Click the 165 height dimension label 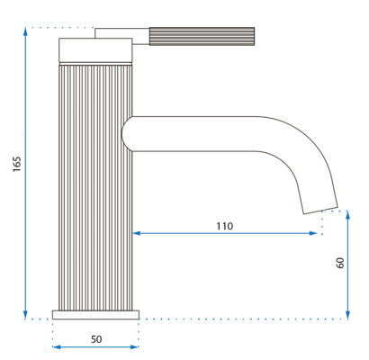(17, 164)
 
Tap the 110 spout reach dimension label (225, 226)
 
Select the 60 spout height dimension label (340, 263)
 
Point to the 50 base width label (96, 339)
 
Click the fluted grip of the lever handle (202, 37)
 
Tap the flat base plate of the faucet (95, 315)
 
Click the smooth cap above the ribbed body (95, 50)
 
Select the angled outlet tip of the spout (320, 211)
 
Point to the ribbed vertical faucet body (95, 187)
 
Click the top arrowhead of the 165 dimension (25, 31)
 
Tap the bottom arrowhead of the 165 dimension (25, 315)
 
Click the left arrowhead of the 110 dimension (137, 233)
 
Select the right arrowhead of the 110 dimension (313, 233)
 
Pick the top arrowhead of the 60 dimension (347, 215)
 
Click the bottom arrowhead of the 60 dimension (347, 315)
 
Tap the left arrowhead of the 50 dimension (57, 347)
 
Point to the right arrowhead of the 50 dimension (135, 347)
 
